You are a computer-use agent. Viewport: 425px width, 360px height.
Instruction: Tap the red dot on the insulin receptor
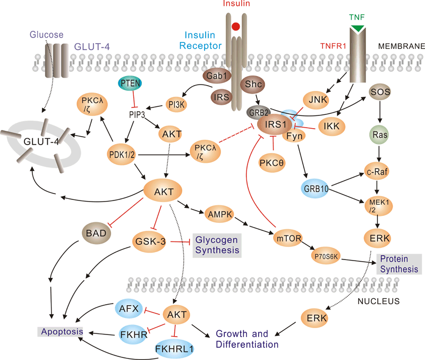pos(236,26)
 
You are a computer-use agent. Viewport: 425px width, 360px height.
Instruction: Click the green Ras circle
pos(380,135)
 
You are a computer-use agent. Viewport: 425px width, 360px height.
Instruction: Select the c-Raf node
pos(381,172)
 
